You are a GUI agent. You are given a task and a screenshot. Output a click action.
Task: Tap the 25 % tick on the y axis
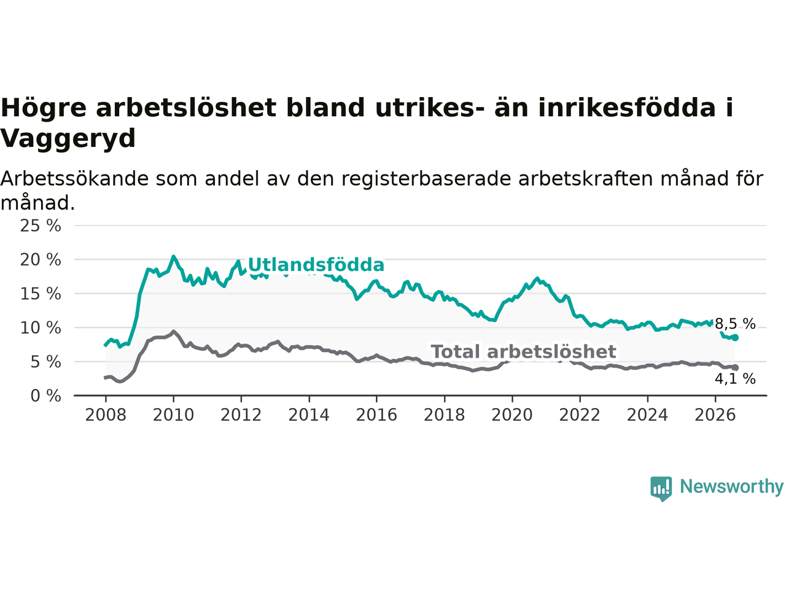click(41, 226)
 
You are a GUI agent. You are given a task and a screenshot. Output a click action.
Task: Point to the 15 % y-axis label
click(41, 294)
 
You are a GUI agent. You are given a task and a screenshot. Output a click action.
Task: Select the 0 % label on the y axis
click(46, 396)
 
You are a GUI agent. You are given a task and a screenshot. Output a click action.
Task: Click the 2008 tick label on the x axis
click(106, 415)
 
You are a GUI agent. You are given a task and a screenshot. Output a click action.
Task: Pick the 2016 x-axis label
click(376, 415)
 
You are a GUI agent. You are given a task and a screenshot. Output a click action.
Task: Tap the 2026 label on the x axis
click(715, 415)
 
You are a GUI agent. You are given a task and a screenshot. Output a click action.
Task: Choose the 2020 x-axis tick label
click(512, 415)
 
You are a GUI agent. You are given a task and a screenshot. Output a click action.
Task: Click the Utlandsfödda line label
click(316, 265)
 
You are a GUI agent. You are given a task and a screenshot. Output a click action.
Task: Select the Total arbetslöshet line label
click(524, 352)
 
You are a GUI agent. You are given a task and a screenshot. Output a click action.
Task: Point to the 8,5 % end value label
click(735, 324)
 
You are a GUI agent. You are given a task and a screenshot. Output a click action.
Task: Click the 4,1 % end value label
click(735, 379)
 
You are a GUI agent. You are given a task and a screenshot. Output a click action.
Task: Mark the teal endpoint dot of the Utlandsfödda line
click(735, 337)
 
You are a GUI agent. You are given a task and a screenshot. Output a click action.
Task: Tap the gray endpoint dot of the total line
click(735, 368)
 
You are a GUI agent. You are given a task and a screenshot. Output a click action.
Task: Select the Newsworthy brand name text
click(731, 487)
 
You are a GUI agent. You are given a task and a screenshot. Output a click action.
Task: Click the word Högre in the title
click(44, 108)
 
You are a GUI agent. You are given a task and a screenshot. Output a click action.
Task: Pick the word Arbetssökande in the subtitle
click(74, 178)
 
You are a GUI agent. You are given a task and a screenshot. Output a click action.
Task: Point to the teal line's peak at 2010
click(173, 256)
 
